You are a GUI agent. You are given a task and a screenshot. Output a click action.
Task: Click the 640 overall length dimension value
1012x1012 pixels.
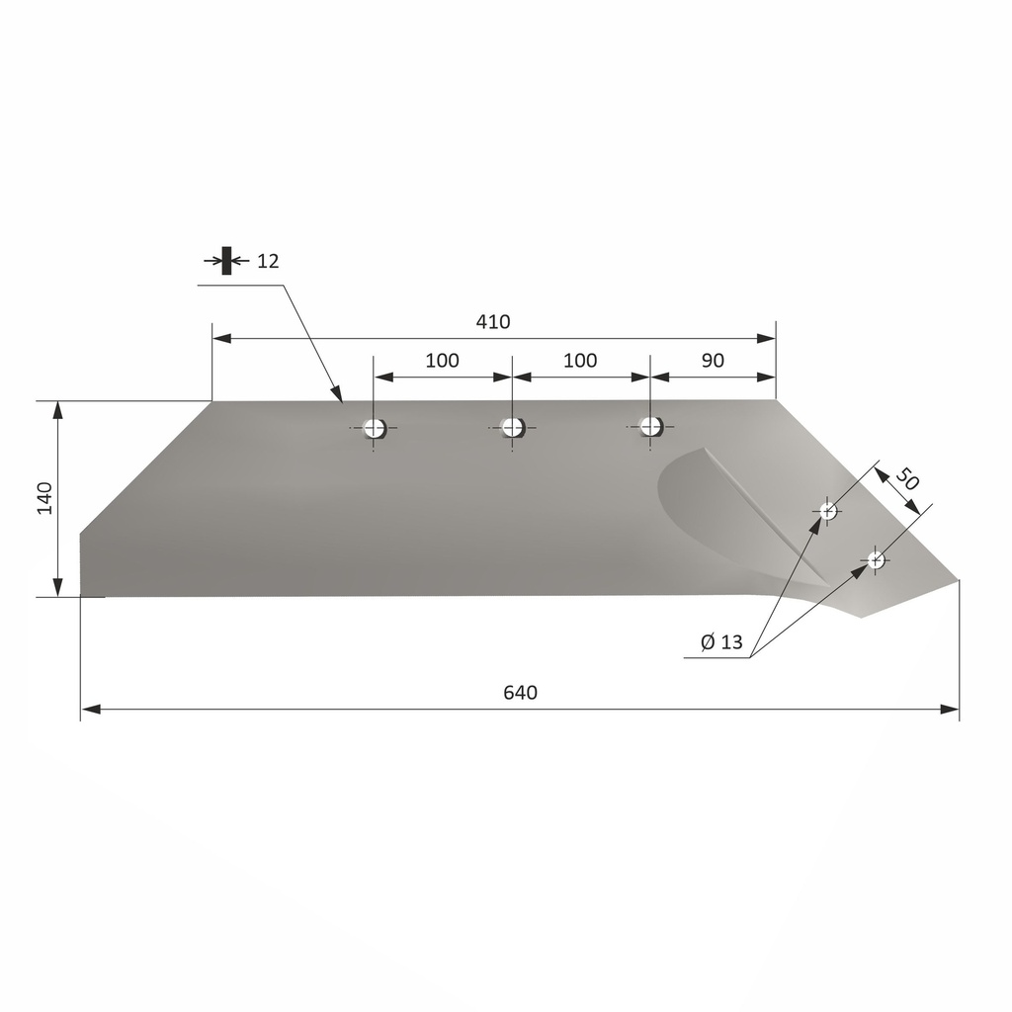click(520, 693)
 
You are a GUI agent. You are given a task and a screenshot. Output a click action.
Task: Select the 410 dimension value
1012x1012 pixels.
click(492, 322)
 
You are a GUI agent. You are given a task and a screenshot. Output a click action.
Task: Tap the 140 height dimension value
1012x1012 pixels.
click(44, 499)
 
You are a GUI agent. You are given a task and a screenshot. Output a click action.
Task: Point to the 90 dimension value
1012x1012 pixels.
click(712, 361)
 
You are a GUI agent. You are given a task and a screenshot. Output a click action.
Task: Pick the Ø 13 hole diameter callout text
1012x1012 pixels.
click(720, 642)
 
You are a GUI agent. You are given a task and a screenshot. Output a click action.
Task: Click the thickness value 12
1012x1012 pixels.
click(268, 261)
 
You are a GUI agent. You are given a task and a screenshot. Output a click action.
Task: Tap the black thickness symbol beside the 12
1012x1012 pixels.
click(226, 261)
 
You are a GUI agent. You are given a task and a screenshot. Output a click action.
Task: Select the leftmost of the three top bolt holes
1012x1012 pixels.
click(374, 428)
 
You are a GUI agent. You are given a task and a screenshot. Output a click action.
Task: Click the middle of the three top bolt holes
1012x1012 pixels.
click(512, 427)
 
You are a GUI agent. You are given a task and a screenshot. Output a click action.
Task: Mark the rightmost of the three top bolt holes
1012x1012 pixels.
click(650, 426)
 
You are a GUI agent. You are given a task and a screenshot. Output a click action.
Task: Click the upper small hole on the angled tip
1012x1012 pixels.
click(828, 510)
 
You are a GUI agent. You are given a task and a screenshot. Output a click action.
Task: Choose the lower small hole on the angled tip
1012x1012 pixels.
click(875, 560)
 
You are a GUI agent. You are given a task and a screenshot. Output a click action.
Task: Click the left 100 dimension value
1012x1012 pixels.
click(442, 361)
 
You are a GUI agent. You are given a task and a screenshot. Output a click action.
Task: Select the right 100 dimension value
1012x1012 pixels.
click(580, 361)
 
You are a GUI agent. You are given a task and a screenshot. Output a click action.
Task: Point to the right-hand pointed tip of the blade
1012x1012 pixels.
click(957, 580)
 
